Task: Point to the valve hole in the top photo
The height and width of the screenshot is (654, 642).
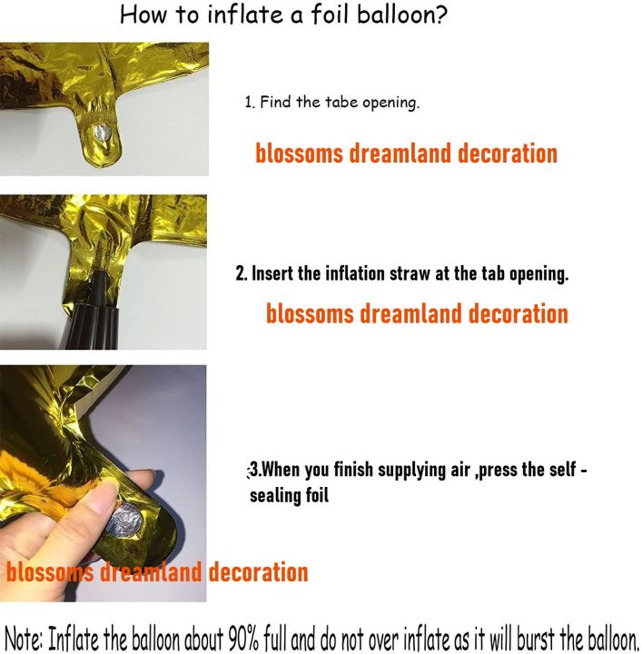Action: [102, 134]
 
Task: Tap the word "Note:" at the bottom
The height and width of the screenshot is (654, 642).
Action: [22, 637]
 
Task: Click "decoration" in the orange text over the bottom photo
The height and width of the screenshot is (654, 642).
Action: [258, 572]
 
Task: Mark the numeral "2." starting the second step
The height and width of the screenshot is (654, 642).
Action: [242, 272]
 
